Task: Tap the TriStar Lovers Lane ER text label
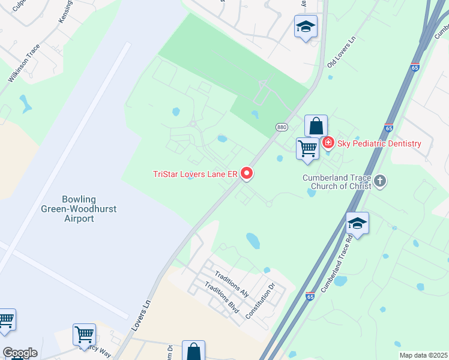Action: [196, 175]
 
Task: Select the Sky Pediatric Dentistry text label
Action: [379, 143]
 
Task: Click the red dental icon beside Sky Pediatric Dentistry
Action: [328, 143]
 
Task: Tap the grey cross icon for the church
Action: [380, 181]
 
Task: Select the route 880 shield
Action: [282, 127]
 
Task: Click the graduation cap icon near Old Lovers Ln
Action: [306, 27]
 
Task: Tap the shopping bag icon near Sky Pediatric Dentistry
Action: [316, 126]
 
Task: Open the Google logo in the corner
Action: [20, 353]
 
